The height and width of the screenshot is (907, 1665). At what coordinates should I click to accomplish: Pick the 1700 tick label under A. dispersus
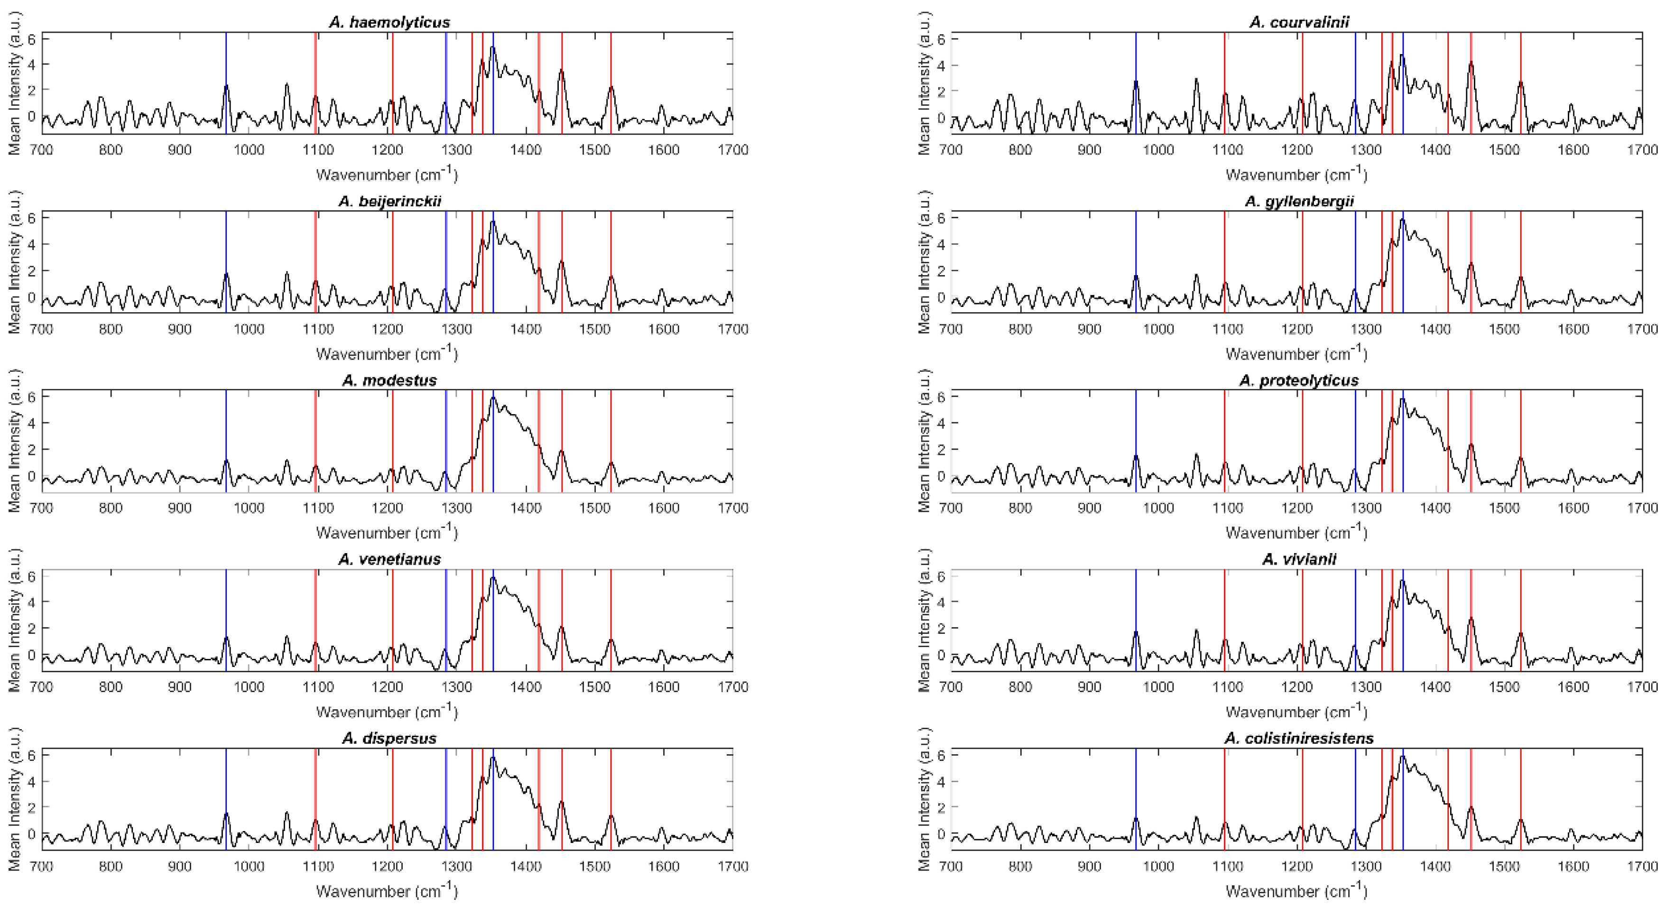[x=732, y=866]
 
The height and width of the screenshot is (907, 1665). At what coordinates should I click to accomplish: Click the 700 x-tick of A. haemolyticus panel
[x=41, y=150]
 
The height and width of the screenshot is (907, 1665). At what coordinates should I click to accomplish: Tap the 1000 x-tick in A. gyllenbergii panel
[x=1157, y=329]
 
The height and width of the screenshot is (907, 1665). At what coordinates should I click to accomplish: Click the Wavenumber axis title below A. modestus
[x=387, y=533]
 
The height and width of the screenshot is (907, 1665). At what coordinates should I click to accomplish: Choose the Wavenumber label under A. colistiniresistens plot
[x=1296, y=891]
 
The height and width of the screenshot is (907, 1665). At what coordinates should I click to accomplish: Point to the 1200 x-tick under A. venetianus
[x=387, y=687]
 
